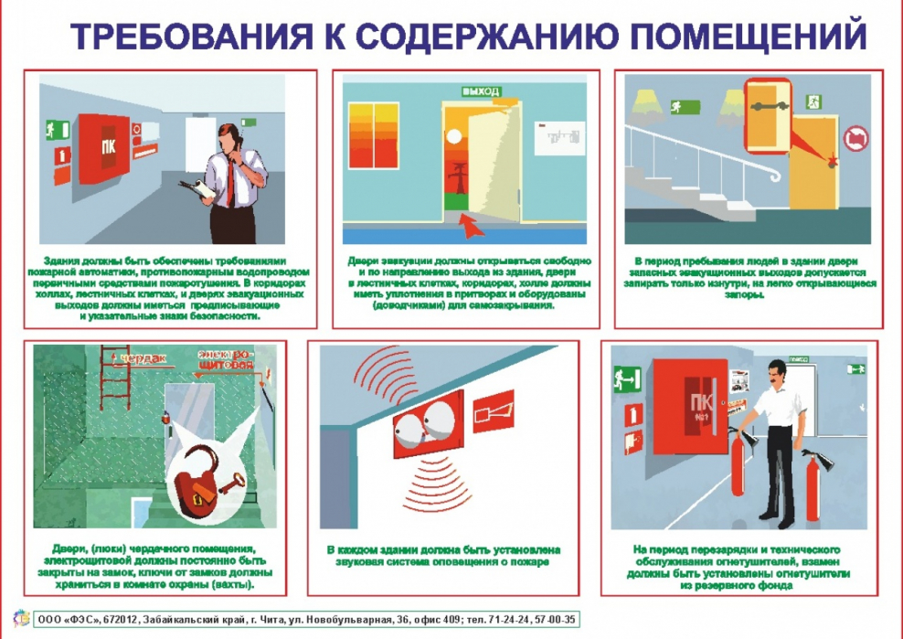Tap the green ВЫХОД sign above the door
click(x=481, y=91)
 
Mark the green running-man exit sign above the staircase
click(x=680, y=106)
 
